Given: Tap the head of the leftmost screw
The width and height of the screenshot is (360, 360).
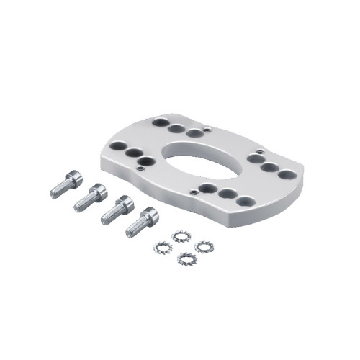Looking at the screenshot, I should [x=75, y=177].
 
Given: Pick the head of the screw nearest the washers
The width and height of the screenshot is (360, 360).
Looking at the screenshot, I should [x=149, y=215].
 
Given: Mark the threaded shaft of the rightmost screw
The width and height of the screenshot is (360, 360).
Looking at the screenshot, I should [x=134, y=228].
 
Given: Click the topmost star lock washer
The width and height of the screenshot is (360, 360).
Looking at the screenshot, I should [x=181, y=235].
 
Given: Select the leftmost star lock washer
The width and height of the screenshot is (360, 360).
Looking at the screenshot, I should [x=162, y=246].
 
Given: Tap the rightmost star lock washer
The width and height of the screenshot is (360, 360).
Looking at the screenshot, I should [x=204, y=246].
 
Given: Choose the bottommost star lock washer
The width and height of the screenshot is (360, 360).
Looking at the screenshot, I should [x=186, y=258].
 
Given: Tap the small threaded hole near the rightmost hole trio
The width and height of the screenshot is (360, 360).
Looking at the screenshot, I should [x=256, y=153].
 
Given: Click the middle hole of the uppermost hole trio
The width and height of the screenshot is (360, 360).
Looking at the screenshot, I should [x=176, y=129].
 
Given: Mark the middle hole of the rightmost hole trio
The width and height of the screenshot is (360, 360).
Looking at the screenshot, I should [x=269, y=168].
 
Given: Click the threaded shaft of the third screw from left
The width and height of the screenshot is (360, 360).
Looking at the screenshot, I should [x=109, y=216].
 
